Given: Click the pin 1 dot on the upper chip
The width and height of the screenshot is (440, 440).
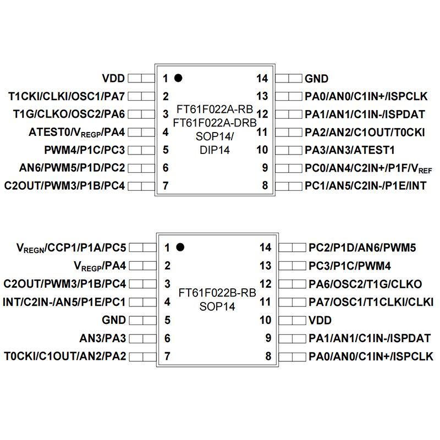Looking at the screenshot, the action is (178, 78).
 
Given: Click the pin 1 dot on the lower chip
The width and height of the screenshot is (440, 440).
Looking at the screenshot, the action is (178, 248).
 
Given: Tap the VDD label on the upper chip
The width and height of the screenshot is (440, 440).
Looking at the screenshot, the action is (113, 78).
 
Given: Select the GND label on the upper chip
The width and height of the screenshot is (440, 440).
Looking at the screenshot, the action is (316, 79).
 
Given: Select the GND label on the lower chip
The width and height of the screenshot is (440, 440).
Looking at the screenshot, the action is (114, 320).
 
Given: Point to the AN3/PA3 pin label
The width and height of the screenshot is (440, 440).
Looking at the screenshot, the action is (103, 338).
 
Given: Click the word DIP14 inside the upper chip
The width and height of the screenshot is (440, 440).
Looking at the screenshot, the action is (215, 149).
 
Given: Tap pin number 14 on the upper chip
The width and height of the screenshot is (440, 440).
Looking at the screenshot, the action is (262, 79).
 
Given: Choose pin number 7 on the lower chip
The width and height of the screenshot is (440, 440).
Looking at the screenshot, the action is (165, 356).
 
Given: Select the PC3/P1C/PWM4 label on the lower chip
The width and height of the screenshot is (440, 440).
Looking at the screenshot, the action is (350, 266).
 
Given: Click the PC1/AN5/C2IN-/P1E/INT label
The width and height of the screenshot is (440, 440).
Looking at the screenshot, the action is (366, 186).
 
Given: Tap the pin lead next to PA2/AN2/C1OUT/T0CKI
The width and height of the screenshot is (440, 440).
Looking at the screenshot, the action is (288, 132).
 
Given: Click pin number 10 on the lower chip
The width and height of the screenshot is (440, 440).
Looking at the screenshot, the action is (265, 320).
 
